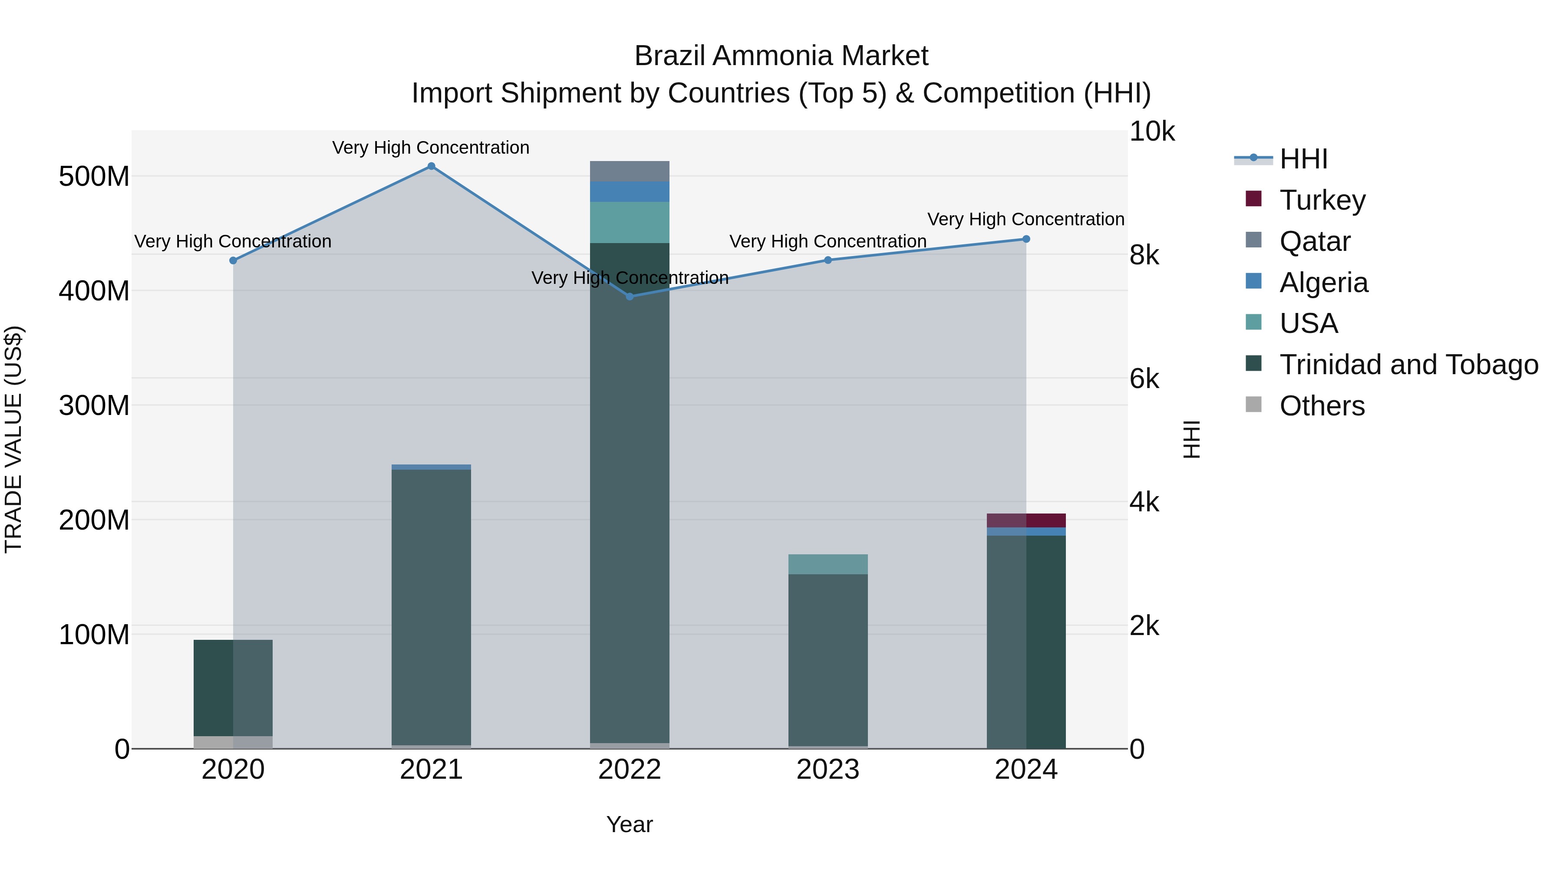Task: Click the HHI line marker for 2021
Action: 432,166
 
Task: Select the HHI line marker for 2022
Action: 630,296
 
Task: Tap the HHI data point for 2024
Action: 1026,239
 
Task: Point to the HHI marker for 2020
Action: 233,261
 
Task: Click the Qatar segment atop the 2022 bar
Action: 630,171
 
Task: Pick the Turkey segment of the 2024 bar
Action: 1026,520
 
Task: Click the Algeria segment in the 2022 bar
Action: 630,192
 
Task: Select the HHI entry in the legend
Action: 1303,159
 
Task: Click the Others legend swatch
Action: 1253,405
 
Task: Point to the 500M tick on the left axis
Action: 94,177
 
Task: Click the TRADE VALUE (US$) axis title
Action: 14,439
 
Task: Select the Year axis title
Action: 630,824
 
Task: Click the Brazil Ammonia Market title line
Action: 781,56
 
